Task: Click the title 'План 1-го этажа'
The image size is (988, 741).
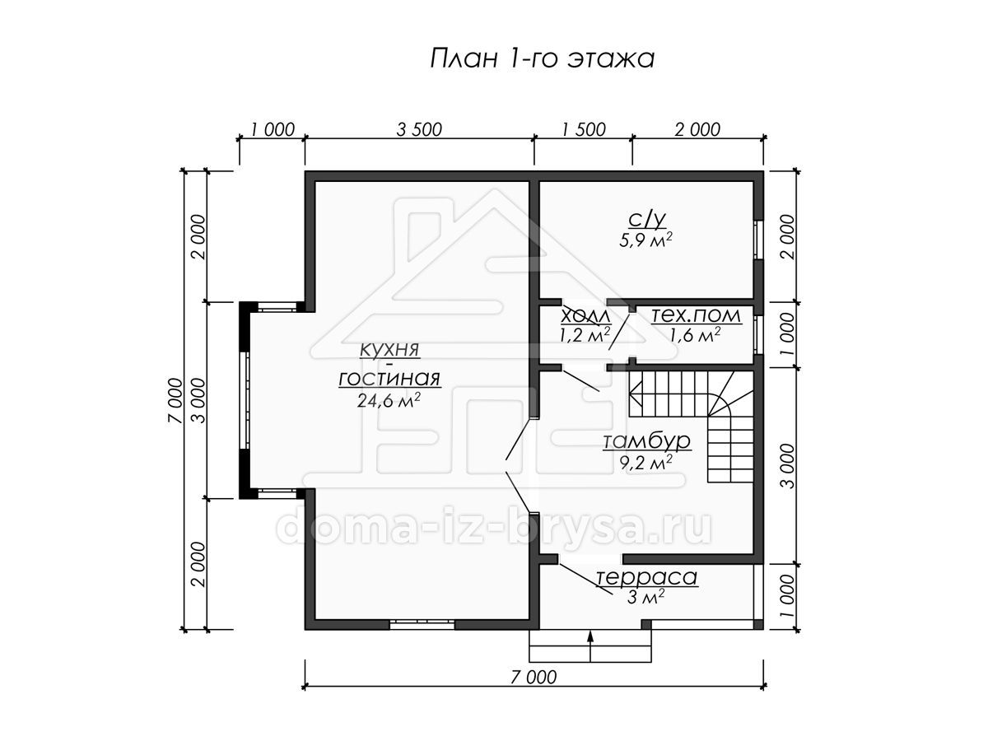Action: click(x=542, y=59)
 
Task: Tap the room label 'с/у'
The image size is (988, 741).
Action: click(x=646, y=219)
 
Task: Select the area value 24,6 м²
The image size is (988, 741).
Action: click(x=389, y=400)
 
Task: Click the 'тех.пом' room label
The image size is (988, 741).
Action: click(x=696, y=315)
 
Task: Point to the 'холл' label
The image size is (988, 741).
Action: click(x=585, y=316)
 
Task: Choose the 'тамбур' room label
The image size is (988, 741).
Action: click(x=646, y=441)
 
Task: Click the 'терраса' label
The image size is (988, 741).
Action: click(x=647, y=577)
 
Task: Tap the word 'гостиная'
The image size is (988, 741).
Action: click(x=389, y=379)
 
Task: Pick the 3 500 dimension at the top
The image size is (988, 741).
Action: click(x=419, y=129)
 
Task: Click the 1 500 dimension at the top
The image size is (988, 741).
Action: click(x=584, y=129)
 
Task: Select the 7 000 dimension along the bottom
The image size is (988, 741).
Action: click(x=534, y=677)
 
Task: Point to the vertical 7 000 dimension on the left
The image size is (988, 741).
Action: click(x=175, y=400)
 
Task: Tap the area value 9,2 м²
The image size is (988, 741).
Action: click(x=646, y=463)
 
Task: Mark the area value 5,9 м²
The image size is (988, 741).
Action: click(x=646, y=240)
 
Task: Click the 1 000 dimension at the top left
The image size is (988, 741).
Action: click(x=273, y=129)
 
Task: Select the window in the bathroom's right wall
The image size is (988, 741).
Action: click(x=759, y=240)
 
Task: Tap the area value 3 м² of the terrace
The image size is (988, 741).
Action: click(x=646, y=598)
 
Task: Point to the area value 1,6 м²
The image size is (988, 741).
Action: click(x=696, y=335)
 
